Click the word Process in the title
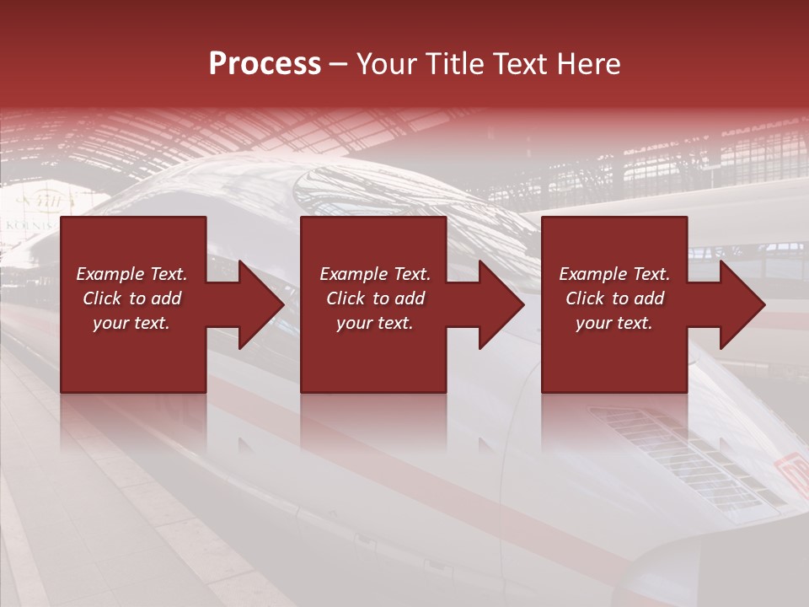[x=265, y=64]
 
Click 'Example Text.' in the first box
[x=131, y=274]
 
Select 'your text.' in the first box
[x=131, y=323]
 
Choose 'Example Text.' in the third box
[x=614, y=274]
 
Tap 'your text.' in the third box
[x=614, y=323]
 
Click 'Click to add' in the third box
[x=614, y=298]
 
